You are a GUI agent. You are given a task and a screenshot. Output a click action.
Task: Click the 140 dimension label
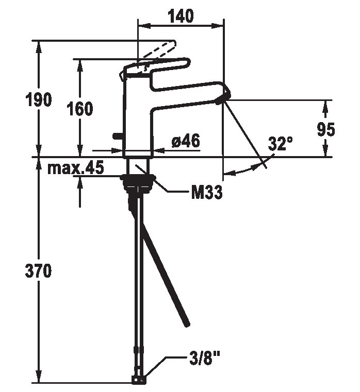[181, 16]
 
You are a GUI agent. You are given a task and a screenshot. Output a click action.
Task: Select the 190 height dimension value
[39, 99]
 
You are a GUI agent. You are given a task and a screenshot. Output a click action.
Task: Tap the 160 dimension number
[80, 109]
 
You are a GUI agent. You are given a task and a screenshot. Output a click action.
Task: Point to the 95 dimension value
[326, 129]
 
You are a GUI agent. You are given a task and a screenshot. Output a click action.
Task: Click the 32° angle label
[280, 144]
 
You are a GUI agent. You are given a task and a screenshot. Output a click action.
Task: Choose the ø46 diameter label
[186, 141]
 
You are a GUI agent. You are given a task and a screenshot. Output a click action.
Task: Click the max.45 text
[76, 167]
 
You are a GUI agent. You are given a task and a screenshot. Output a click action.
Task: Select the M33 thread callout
[207, 192]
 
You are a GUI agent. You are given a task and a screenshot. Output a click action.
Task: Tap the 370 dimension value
[38, 271]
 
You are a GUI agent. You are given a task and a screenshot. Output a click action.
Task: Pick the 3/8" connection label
[204, 358]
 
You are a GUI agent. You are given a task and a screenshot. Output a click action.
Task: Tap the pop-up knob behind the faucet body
[118, 136]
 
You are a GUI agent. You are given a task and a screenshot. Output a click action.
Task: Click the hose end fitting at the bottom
[138, 380]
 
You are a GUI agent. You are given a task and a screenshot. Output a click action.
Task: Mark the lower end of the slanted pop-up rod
[187, 324]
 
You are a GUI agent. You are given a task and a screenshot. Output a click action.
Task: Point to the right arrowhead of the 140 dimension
[217, 26]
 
